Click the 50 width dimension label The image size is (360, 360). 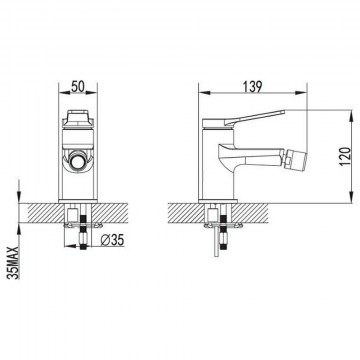[77, 87]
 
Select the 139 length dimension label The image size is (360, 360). [252, 87]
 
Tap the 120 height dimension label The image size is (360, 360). [346, 156]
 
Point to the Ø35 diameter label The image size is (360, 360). [112, 240]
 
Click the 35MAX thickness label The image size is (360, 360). [14, 263]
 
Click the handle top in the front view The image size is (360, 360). [78, 117]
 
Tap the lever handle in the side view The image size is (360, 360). [254, 117]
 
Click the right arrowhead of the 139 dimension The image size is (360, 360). [300, 93]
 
